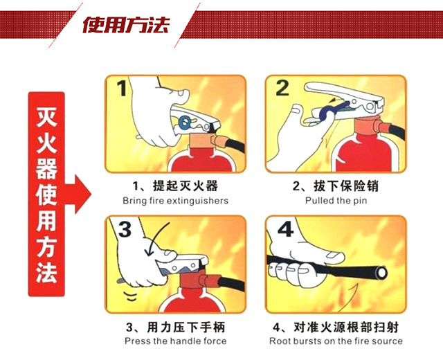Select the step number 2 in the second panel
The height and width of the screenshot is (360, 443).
pyautogui.click(x=283, y=89)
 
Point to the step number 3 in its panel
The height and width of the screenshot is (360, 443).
pyautogui.click(x=123, y=231)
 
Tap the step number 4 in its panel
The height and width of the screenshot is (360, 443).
pyautogui.click(x=284, y=230)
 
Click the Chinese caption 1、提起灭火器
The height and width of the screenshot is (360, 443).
pyautogui.click(x=175, y=187)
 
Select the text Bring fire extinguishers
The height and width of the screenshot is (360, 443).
pyautogui.click(x=175, y=201)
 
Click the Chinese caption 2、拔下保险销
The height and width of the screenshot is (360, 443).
pyautogui.click(x=335, y=187)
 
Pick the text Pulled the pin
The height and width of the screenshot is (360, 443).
pyautogui.click(x=336, y=201)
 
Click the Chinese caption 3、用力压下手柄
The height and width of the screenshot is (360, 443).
pyautogui.click(x=175, y=327)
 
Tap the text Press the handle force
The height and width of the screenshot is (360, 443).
pyautogui.click(x=175, y=341)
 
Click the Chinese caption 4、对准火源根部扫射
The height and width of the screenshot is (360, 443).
pyautogui.click(x=335, y=327)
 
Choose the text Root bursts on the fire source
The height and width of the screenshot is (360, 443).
pyautogui.click(x=336, y=341)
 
